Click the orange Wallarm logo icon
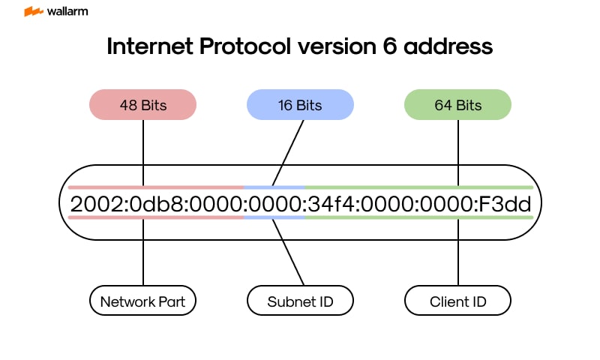coord(33,12)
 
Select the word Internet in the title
coord(151,46)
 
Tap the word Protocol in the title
coord(247,46)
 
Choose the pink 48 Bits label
coord(142,105)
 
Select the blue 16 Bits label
coord(300,105)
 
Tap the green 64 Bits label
coord(457,105)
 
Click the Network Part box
coord(142,302)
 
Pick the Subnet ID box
coord(300,302)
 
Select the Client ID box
coord(457,302)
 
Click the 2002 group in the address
coord(91,203)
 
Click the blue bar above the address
coord(274,187)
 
